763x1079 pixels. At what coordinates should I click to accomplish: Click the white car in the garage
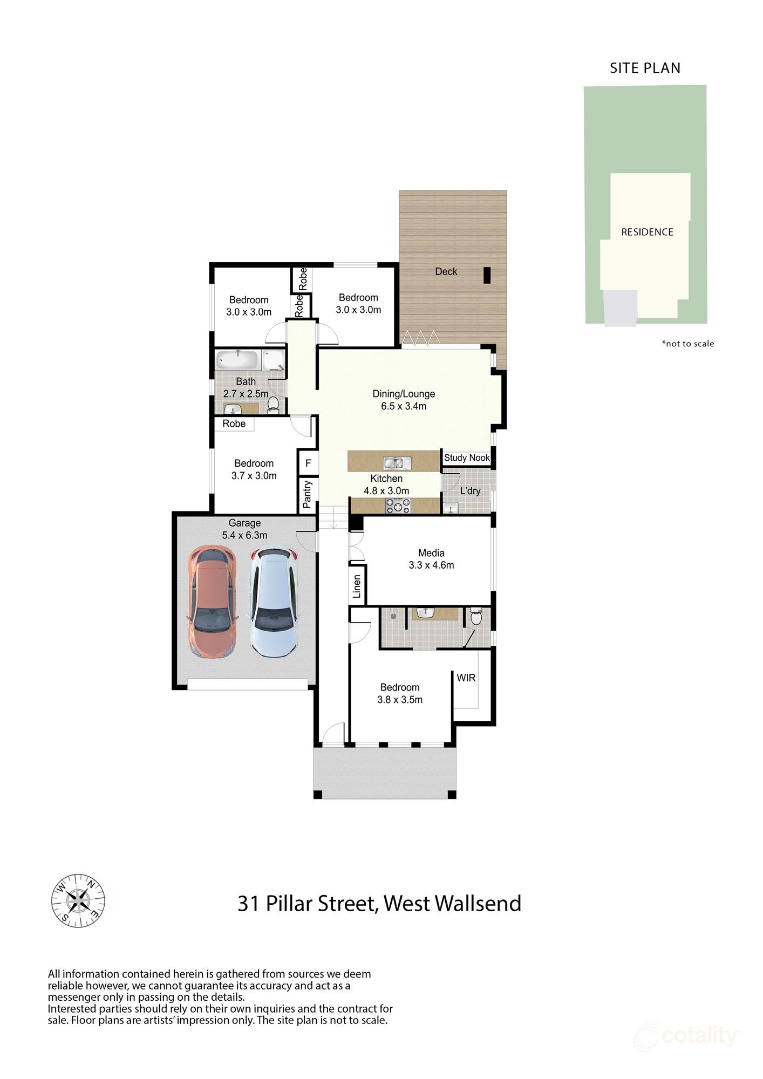click(x=274, y=602)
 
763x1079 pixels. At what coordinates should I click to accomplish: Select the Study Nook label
click(x=467, y=457)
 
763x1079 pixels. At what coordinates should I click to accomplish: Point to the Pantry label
click(x=307, y=494)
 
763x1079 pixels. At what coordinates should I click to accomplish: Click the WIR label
click(x=466, y=678)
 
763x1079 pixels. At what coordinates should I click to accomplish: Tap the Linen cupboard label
click(x=357, y=586)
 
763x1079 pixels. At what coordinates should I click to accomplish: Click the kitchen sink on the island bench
click(x=397, y=462)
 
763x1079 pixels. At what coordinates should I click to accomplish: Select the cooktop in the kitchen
click(x=398, y=506)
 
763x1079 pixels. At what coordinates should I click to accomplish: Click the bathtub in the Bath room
click(x=238, y=359)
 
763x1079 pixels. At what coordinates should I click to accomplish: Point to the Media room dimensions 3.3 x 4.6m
click(x=431, y=565)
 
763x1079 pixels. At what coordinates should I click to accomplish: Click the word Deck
click(x=446, y=271)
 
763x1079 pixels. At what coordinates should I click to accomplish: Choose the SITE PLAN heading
click(x=645, y=68)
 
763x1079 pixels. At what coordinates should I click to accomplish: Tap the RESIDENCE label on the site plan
click(x=647, y=232)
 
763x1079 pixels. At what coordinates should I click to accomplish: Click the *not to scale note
click(x=688, y=344)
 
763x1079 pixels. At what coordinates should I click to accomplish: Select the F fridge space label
click(x=308, y=463)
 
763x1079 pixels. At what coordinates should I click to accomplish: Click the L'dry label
click(x=470, y=491)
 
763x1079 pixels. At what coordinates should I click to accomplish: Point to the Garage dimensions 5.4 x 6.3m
click(x=244, y=535)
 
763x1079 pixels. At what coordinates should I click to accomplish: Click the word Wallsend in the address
click(x=478, y=903)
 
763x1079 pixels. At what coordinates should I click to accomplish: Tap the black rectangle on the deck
click(x=487, y=275)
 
